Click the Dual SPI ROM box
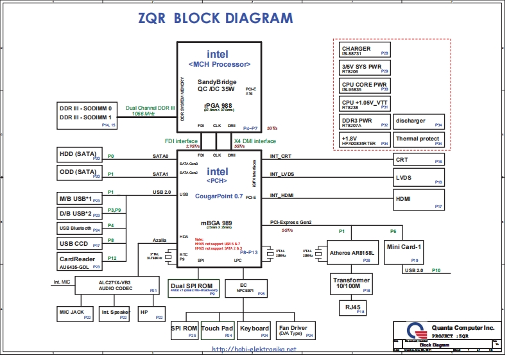193,287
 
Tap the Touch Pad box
218,330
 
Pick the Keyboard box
254,330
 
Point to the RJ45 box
352,308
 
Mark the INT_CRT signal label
280,156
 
